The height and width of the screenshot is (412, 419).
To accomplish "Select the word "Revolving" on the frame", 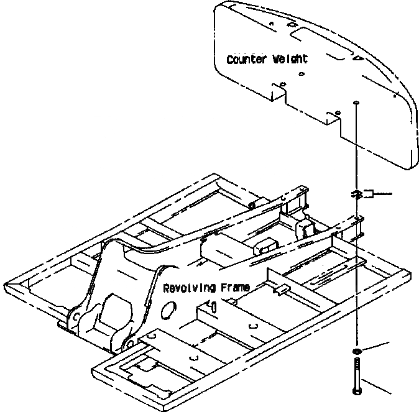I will (188, 288).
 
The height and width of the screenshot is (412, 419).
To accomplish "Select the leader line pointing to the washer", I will (377, 347).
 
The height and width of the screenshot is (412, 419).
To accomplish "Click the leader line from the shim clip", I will (383, 194).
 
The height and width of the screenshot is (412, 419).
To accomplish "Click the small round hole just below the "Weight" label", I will (301, 74).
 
